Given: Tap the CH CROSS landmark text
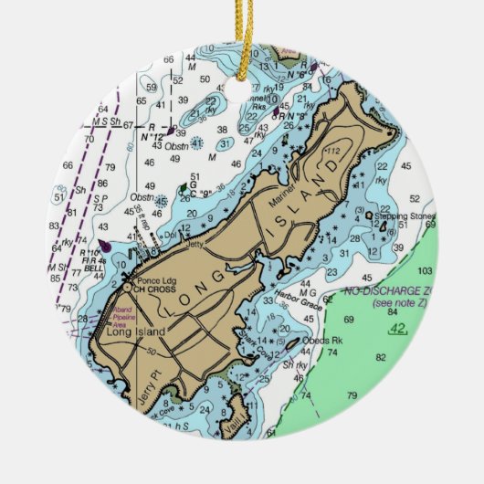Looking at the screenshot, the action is point(151,289).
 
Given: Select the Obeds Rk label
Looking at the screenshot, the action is point(323,341).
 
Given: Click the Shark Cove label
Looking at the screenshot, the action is point(253,333).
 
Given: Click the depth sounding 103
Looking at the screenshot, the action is point(424,271).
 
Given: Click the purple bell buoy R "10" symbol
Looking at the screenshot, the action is point(105,245).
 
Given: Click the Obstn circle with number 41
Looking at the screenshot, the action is point(196,142).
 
